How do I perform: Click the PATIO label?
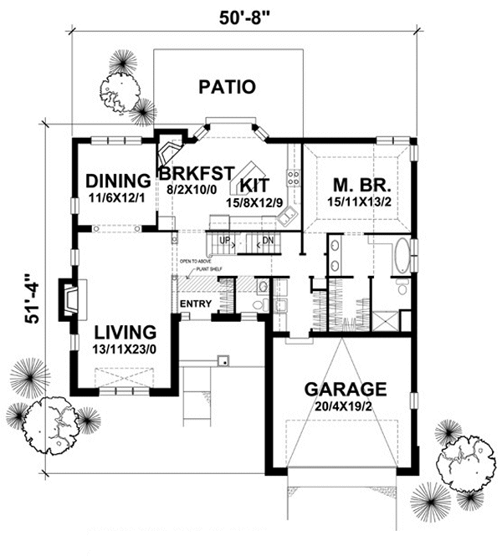(x=227, y=86)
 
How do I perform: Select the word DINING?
(x=118, y=180)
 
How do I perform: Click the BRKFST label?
(x=195, y=173)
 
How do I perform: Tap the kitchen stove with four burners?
(x=294, y=176)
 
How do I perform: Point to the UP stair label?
(x=223, y=240)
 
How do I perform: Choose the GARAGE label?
(x=345, y=389)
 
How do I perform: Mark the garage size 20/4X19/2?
(x=345, y=406)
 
